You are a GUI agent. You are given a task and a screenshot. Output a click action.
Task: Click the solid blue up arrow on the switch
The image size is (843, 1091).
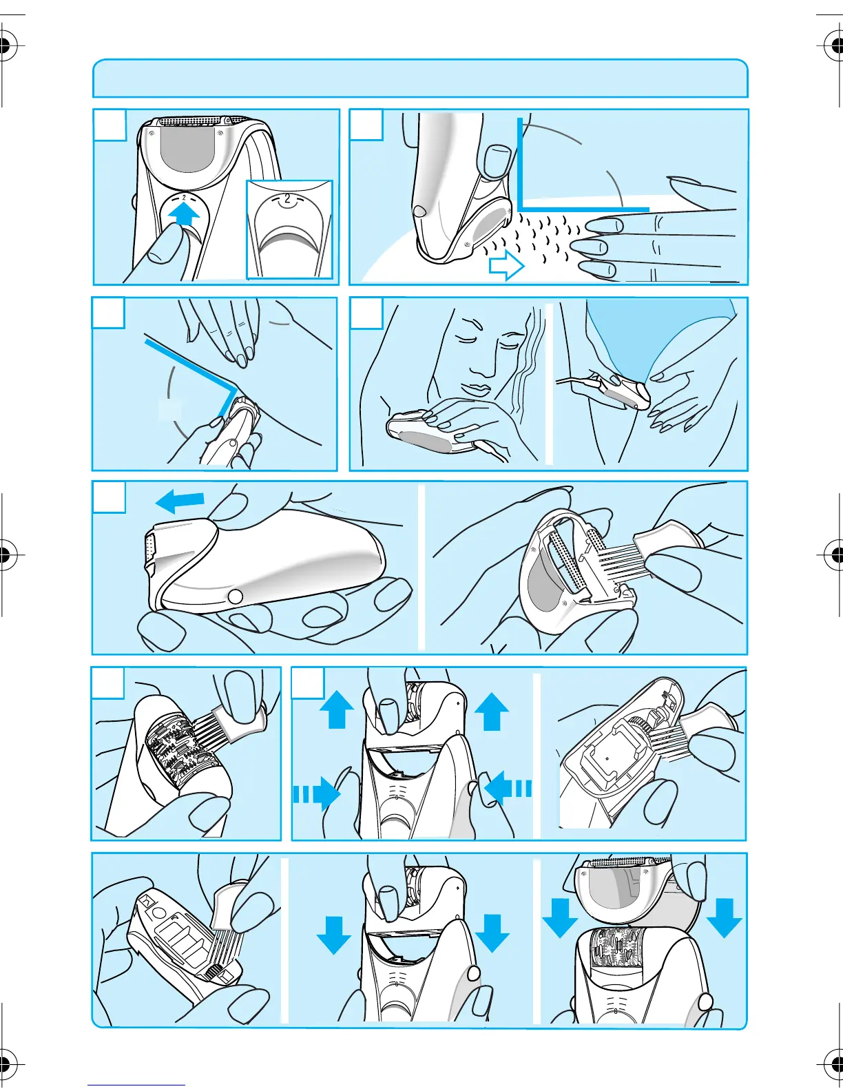[x=184, y=216]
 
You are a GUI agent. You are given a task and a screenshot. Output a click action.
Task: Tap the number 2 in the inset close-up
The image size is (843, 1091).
[x=287, y=198]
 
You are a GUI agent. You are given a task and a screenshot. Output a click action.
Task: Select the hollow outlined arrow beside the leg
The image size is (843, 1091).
[x=507, y=265]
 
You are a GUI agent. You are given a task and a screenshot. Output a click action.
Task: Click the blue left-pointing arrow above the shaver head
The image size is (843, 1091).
[x=180, y=501]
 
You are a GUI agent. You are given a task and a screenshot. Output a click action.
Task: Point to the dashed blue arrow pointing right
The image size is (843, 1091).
[x=316, y=793]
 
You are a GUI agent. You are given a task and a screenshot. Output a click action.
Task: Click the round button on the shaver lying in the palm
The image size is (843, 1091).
[x=235, y=596]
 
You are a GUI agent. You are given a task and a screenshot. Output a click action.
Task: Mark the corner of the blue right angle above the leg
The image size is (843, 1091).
[x=521, y=209]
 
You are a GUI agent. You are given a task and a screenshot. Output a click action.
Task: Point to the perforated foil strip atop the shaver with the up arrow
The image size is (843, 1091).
[x=190, y=121]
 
